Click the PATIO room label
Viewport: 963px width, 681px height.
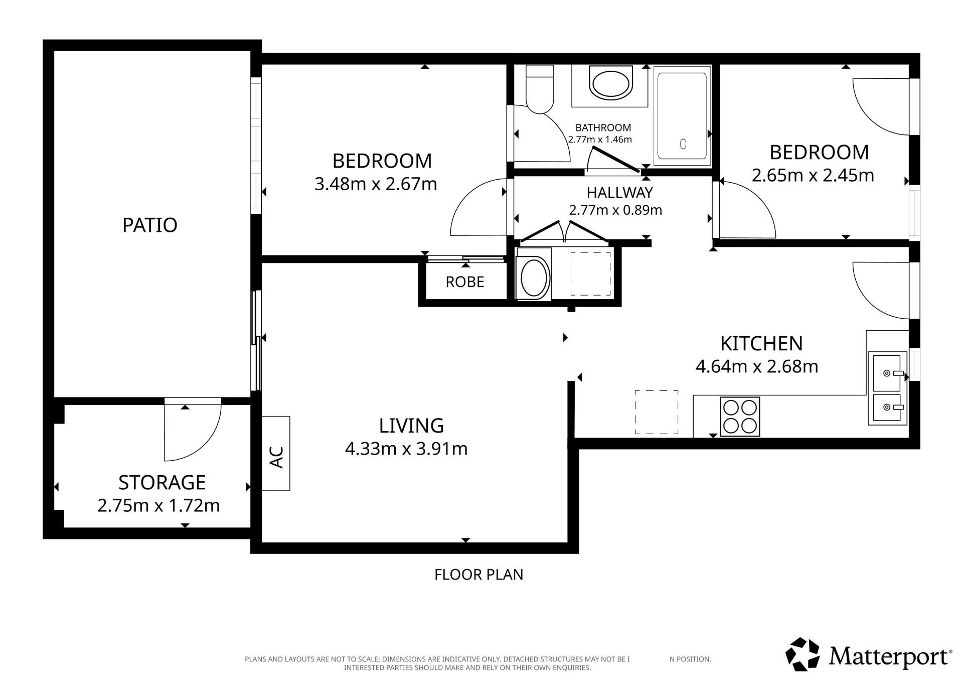[x=150, y=225]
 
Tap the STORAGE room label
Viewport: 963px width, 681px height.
[x=162, y=483]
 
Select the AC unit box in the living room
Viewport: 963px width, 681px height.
[x=276, y=453]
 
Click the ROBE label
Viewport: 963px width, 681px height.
[x=465, y=282]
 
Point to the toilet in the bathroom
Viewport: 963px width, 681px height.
[x=539, y=89]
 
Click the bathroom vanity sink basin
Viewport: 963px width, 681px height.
[x=610, y=84]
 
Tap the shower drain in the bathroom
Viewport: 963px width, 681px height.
[x=683, y=144]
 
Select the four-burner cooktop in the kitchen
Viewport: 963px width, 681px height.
[x=740, y=416]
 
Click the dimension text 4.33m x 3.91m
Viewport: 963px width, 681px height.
[x=406, y=449]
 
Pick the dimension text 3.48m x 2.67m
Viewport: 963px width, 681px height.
[x=376, y=184]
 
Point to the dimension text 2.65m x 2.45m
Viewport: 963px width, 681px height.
[x=813, y=176]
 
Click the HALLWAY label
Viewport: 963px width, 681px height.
[x=620, y=193]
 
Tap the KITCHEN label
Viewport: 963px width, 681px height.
[x=761, y=344]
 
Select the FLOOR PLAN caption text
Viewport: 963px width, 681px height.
[x=479, y=575]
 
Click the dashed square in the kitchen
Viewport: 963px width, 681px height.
[x=657, y=412]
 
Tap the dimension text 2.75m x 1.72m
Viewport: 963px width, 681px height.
[x=158, y=506]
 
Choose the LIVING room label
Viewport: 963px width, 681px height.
[x=411, y=426]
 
